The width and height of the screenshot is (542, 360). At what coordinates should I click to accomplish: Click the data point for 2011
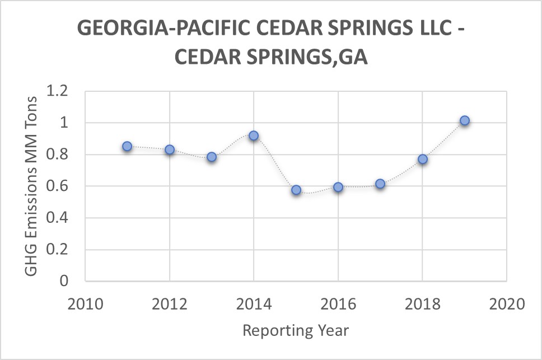coord(127,146)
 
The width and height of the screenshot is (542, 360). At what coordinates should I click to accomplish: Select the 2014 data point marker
coord(254,135)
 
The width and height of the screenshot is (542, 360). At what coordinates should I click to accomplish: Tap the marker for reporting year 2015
coord(296,190)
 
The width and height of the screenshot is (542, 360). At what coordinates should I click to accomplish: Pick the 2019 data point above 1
coord(464,120)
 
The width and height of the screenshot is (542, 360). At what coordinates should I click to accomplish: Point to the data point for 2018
coord(423,159)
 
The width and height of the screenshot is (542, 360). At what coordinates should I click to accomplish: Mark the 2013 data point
coord(212,157)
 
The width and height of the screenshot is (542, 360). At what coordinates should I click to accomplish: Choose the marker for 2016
coord(338,187)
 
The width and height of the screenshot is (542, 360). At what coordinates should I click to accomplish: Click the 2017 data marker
coord(380,184)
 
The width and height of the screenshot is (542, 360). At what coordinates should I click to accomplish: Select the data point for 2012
coord(170,149)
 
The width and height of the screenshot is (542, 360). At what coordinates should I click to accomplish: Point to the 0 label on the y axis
coord(63,282)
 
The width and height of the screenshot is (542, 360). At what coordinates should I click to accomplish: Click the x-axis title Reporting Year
coord(296,330)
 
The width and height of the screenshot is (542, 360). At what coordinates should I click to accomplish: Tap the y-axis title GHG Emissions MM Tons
coord(32,186)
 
